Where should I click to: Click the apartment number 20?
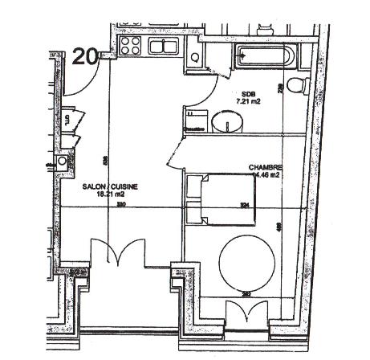(86, 55)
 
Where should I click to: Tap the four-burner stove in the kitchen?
(130, 45)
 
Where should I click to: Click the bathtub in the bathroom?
(265, 57)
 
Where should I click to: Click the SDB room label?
(246, 93)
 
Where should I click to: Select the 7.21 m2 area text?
(248, 102)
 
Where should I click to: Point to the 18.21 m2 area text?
(111, 194)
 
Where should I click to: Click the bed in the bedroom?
(212, 198)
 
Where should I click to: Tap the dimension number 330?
(121, 207)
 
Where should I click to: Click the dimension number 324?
(245, 207)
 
